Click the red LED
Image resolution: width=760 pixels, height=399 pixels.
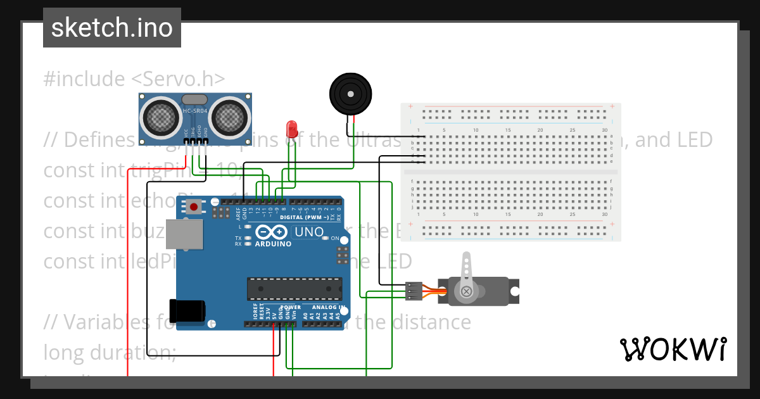292,129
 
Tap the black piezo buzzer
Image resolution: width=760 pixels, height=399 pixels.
350,94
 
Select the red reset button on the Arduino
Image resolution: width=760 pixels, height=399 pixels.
194,206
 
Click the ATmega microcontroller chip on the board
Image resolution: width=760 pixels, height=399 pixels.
294,289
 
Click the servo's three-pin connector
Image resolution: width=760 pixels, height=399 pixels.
414,291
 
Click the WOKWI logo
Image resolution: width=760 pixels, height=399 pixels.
673,349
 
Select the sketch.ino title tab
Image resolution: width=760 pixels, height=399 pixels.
112,28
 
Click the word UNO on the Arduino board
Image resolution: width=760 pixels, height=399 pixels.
309,232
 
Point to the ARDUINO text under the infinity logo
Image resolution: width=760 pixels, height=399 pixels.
274,244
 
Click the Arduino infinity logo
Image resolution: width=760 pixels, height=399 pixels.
274,232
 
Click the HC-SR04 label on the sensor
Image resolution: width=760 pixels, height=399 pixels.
195,111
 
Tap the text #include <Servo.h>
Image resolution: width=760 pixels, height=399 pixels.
134,79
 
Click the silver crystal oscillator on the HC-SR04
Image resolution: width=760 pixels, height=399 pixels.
194,99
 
